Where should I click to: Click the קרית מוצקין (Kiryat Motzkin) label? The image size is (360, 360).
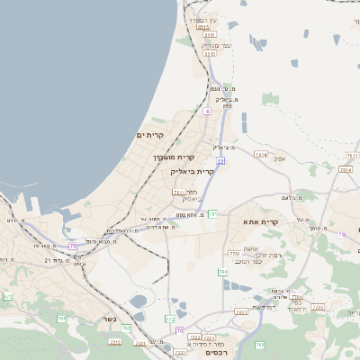(172, 157)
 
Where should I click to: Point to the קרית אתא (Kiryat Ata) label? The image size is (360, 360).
(262, 221)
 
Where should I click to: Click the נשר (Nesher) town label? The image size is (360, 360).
(110, 343)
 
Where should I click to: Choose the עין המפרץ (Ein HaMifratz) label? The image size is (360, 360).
(202, 20)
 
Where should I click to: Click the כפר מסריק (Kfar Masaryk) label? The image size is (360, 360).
(216, 45)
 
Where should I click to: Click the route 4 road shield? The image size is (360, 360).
(206, 111)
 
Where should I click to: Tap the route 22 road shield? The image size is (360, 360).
(220, 160)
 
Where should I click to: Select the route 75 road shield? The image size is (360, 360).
(73, 245)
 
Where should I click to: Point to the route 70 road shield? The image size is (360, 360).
(180, 330)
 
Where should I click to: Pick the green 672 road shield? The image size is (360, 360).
(8, 295)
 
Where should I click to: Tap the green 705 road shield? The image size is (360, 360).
(62, 319)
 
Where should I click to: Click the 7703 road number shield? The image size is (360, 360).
(234, 255)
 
